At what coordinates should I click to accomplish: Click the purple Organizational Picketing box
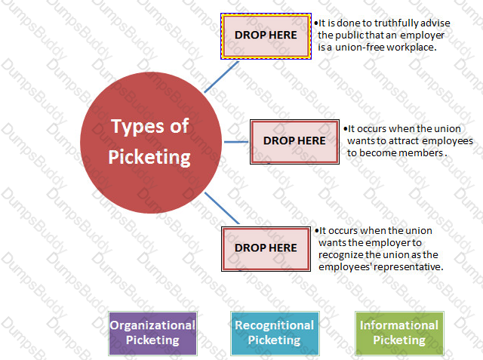tap(152, 334)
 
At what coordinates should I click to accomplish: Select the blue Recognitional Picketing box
tap(275, 334)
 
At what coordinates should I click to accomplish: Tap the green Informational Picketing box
tap(399, 334)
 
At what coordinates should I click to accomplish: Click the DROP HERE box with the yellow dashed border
tap(266, 36)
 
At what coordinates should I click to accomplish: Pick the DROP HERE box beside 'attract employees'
tap(294, 142)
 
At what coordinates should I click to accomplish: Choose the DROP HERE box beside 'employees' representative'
tap(266, 249)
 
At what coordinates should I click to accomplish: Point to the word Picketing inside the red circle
tap(149, 157)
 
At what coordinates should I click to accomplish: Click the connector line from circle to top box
tap(221, 77)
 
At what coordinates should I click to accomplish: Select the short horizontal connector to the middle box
tap(236, 142)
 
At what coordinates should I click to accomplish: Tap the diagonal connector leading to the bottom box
tap(222, 208)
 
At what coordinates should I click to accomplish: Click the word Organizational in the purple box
tap(152, 325)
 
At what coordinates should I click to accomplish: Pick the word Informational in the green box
tap(399, 325)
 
